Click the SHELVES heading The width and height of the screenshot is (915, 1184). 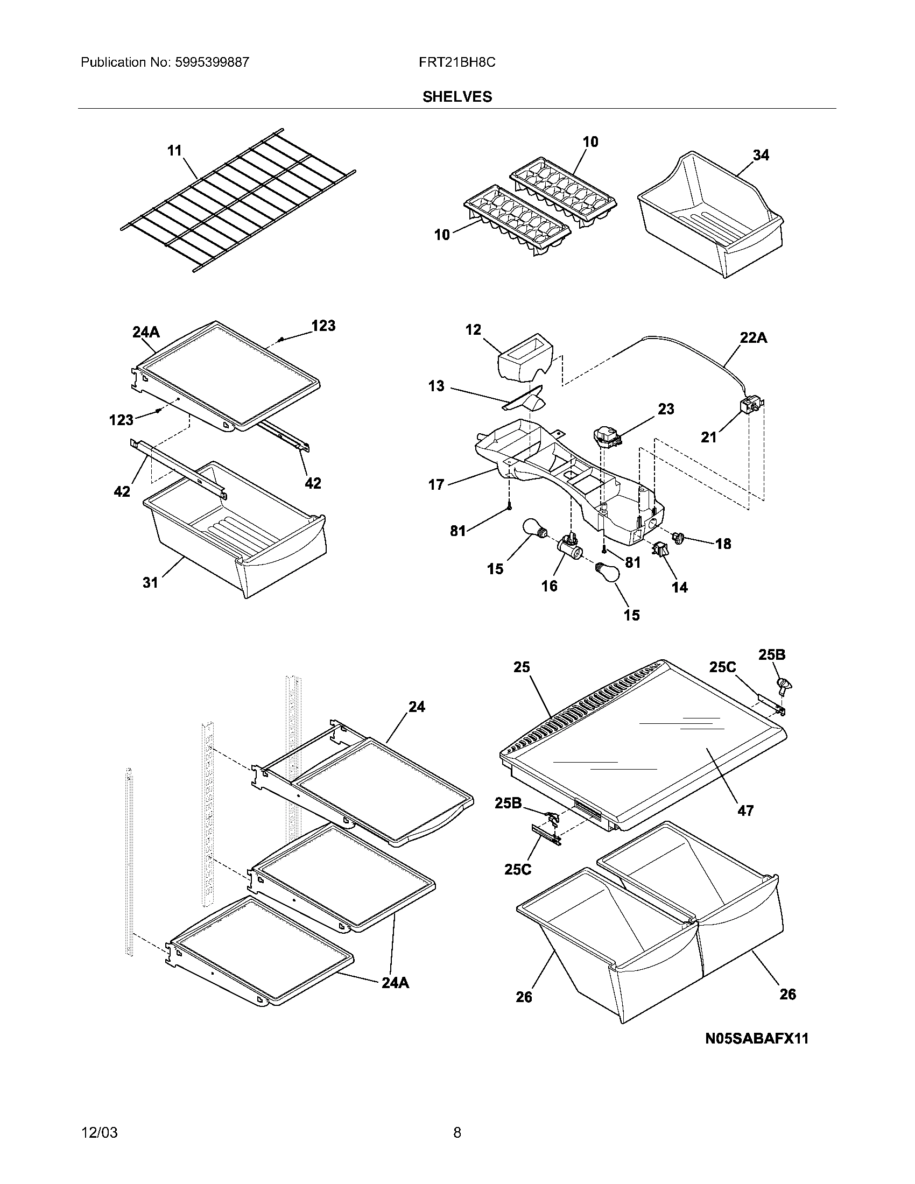[457, 97]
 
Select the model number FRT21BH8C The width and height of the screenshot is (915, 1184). [456, 62]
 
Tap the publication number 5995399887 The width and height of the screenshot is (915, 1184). [212, 62]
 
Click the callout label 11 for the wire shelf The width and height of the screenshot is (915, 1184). [174, 150]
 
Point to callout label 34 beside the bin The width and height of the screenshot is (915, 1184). [761, 155]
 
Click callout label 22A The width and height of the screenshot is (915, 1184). [754, 338]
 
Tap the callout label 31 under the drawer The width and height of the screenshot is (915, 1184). [150, 582]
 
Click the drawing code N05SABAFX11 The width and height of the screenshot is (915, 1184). [756, 1038]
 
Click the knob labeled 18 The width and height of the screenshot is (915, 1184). [679, 537]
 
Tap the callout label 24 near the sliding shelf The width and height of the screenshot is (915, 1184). [416, 707]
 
